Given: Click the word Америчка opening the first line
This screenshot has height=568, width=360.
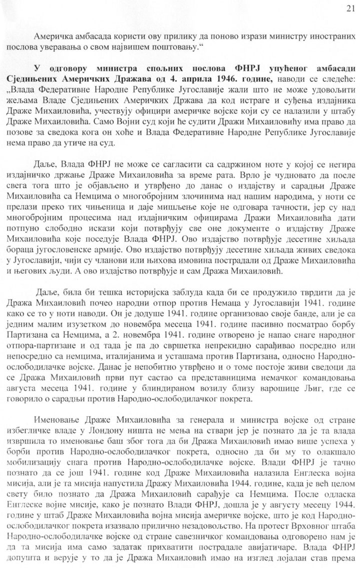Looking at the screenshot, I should click(x=52, y=36).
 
